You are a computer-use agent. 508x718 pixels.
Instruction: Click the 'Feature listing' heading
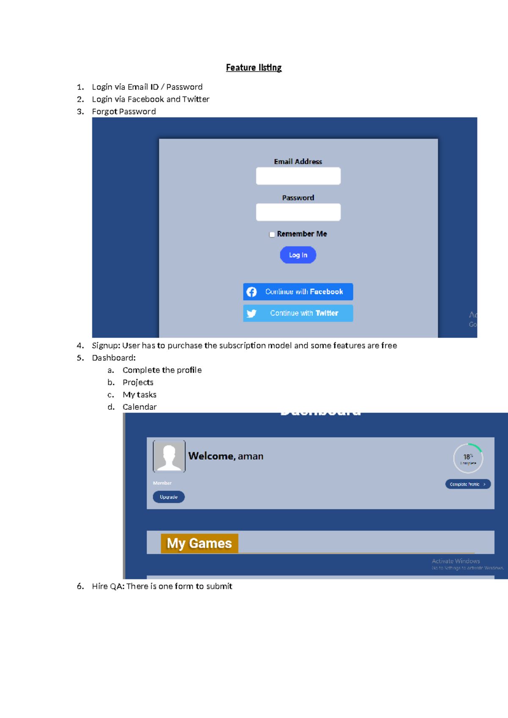pyautogui.click(x=254, y=68)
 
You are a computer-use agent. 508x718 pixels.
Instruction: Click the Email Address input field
pyautogui.click(x=298, y=176)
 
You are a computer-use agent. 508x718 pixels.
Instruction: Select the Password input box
pyautogui.click(x=298, y=212)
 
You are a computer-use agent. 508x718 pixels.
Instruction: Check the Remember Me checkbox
pyautogui.click(x=272, y=235)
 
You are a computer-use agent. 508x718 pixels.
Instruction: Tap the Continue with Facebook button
pyautogui.click(x=298, y=292)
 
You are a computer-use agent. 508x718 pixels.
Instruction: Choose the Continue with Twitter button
pyautogui.click(x=298, y=313)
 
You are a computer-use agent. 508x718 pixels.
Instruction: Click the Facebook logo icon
pyautogui.click(x=251, y=292)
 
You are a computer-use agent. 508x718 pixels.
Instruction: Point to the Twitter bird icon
pyautogui.click(x=251, y=314)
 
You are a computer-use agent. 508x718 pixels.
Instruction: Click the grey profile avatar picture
pyautogui.click(x=169, y=456)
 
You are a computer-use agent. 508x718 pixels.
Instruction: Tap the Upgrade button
pyautogui.click(x=168, y=497)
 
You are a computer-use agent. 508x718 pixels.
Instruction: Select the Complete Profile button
pyautogui.click(x=468, y=484)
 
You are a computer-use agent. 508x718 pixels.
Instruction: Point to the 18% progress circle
pyautogui.click(x=468, y=458)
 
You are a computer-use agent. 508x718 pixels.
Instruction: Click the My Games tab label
pyautogui.click(x=199, y=543)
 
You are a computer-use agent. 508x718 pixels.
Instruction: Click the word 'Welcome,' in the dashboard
pyautogui.click(x=212, y=456)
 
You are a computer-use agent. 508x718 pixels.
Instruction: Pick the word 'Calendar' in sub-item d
pyautogui.click(x=139, y=407)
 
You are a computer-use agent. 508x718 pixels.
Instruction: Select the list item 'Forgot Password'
pyautogui.click(x=124, y=111)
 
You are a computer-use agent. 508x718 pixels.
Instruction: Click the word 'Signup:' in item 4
pyautogui.click(x=106, y=345)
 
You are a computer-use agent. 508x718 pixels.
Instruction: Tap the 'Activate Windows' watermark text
pyautogui.click(x=456, y=561)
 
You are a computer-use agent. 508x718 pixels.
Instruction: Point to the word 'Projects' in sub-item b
pyautogui.click(x=138, y=382)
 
